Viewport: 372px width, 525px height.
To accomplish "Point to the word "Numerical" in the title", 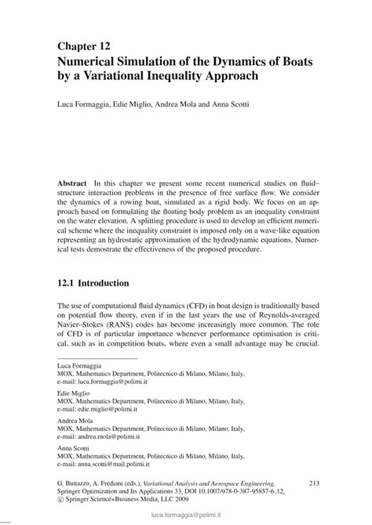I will [x=95, y=63].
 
